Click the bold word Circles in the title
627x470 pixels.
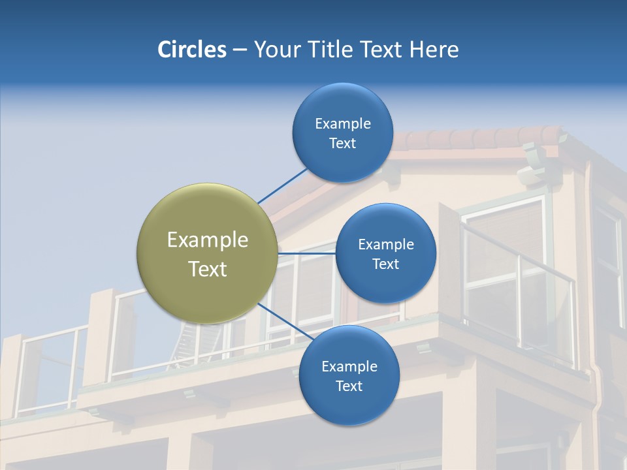point(191,50)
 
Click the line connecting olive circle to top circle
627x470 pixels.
point(282,185)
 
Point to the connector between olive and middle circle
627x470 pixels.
point(306,253)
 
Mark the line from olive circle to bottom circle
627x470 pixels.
point(285,321)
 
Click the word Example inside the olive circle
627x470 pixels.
point(208,240)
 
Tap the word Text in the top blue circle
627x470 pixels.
point(342,144)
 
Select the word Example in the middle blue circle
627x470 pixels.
point(385,245)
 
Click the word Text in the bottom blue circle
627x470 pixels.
point(349,386)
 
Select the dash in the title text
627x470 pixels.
point(240,50)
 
